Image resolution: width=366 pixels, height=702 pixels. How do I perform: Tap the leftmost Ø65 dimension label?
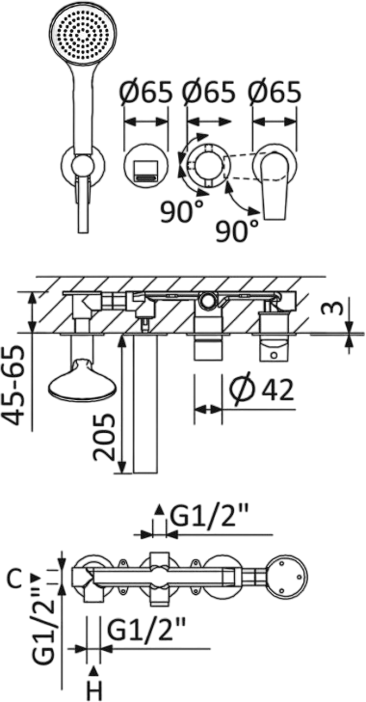[145, 93]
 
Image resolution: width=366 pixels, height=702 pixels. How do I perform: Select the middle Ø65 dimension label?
[208, 93]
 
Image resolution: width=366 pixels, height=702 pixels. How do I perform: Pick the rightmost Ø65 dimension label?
[274, 93]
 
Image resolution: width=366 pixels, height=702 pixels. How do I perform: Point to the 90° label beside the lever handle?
[237, 231]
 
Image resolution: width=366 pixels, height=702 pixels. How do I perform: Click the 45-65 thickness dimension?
[18, 386]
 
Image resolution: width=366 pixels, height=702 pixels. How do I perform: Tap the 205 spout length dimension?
[104, 438]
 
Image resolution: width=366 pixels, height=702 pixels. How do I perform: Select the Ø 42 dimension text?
[261, 390]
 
